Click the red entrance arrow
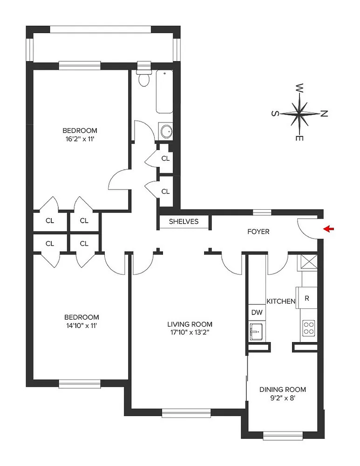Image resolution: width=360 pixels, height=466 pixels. (330, 229)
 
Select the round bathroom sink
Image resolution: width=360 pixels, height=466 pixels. (165, 132)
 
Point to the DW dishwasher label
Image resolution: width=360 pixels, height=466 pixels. (257, 312)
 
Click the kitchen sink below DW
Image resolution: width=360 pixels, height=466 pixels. (257, 332)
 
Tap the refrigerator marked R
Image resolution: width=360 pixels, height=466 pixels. (307, 298)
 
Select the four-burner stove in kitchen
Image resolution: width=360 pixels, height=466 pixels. (308, 327)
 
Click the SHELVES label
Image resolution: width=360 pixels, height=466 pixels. (183, 221)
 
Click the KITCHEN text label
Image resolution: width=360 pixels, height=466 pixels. (281, 301)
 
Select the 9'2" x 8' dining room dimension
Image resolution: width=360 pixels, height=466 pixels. (283, 398)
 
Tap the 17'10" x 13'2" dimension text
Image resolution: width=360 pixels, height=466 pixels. (190, 332)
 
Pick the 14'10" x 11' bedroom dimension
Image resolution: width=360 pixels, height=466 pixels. (80, 326)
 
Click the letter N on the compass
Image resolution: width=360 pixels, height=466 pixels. (325, 113)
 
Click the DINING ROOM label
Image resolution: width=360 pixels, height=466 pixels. (283, 390)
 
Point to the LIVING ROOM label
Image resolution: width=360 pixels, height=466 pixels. (190, 324)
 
